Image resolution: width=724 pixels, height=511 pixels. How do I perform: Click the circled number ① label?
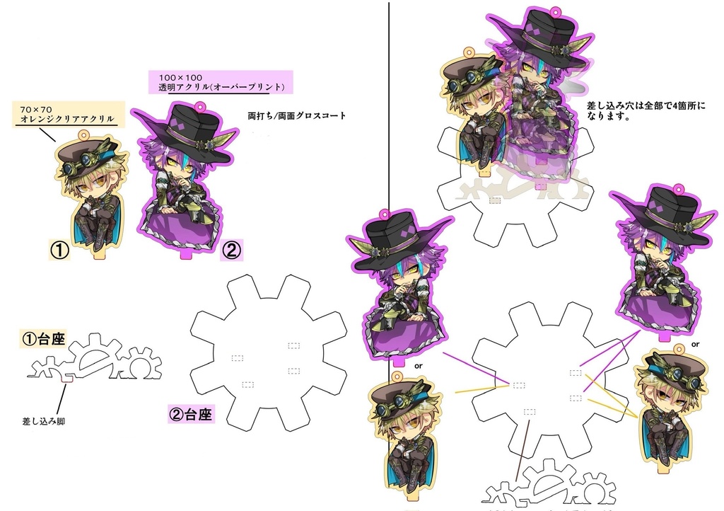click(x=59, y=249)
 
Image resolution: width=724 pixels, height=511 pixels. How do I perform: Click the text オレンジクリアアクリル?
click(x=67, y=119)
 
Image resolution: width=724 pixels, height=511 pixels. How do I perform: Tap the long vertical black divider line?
click(x=390, y=106)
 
